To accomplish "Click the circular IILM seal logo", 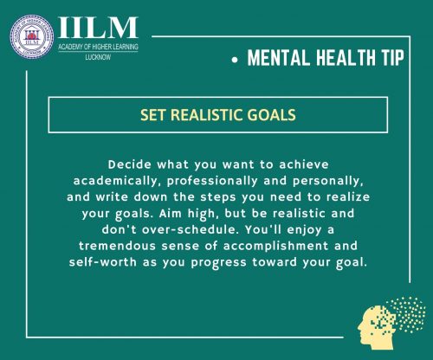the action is tap(32, 36).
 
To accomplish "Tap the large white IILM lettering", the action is tap(98, 28).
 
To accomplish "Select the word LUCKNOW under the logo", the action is tap(98, 57).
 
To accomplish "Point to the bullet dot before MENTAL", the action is tap(236, 61).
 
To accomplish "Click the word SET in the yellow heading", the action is tap(153, 115).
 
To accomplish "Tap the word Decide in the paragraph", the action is tap(130, 164).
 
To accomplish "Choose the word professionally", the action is tap(212, 182).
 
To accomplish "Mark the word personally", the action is tap(328, 182).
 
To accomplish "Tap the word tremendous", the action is tap(117, 246).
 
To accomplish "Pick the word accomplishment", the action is tap(275, 247).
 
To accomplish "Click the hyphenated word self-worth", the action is tap(102, 262).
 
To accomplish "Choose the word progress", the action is tap(218, 263).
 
